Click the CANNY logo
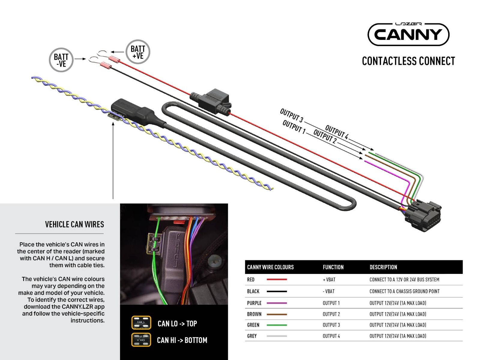(408, 34)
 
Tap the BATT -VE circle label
(61, 60)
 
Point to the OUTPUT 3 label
(291, 116)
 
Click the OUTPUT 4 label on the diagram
(337, 132)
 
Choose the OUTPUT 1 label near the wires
(294, 127)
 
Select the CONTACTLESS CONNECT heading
(408, 61)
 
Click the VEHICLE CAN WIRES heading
(74, 224)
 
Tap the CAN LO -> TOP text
(177, 324)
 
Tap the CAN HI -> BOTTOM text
(182, 340)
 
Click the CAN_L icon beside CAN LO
(141, 322)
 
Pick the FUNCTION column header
(333, 267)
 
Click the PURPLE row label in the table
(254, 303)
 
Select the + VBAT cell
(329, 280)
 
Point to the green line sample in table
(276, 325)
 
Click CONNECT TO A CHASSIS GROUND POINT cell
(404, 291)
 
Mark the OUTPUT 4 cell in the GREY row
(331, 336)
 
